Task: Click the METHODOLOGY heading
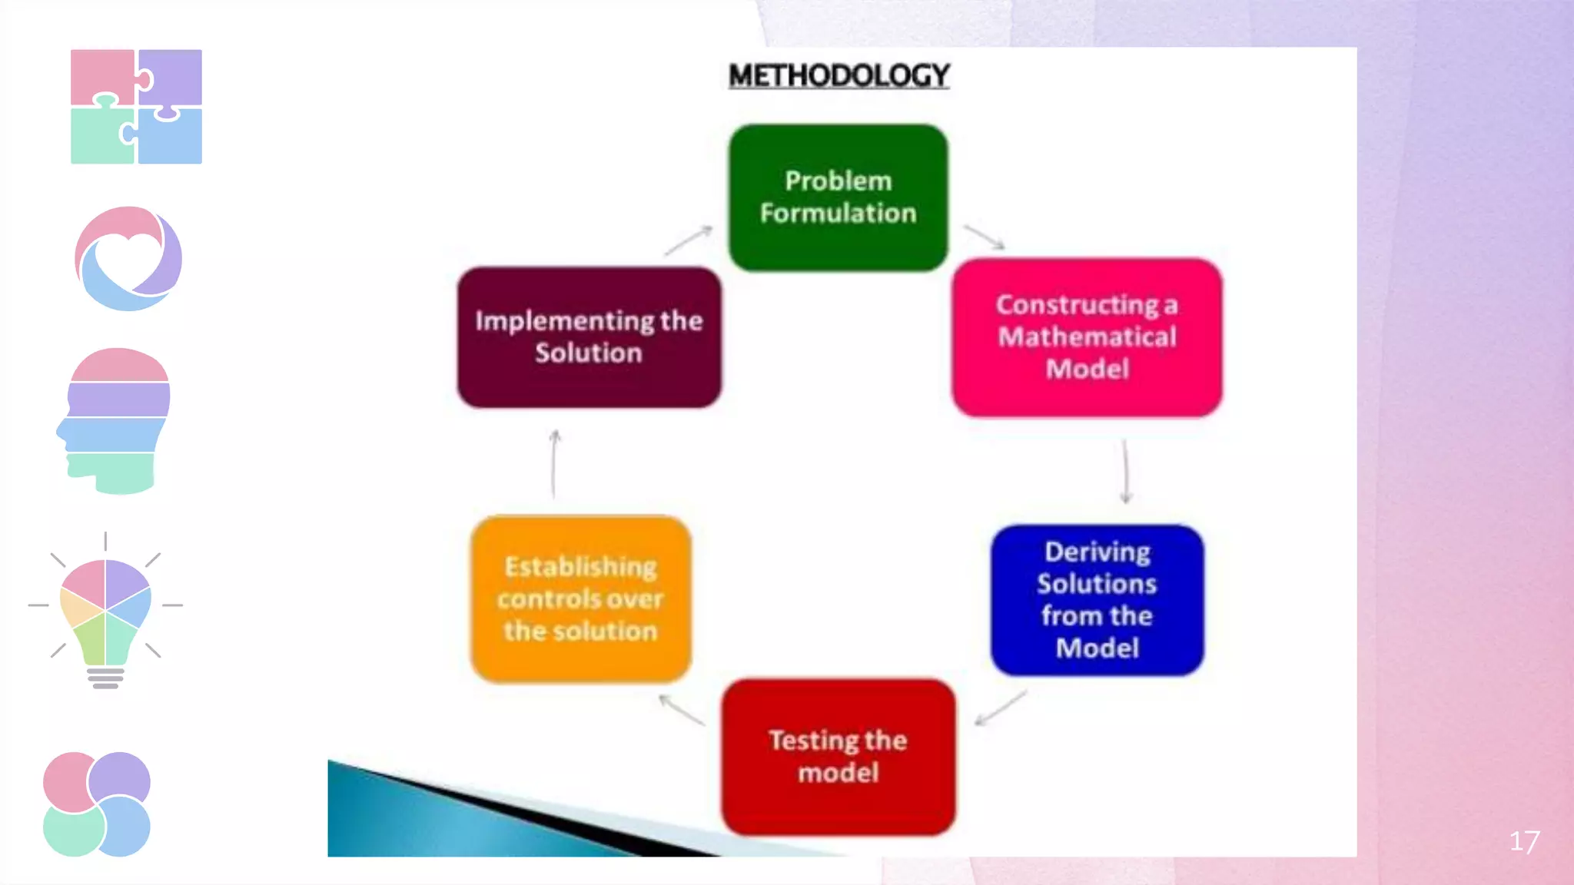[838, 75]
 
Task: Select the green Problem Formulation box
[838, 197]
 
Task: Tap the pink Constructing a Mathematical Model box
[1087, 337]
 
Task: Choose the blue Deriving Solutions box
[1097, 600]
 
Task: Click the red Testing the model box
[838, 757]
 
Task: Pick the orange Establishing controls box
[580, 598]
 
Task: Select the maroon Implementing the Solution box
[589, 336]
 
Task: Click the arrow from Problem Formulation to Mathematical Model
[984, 237]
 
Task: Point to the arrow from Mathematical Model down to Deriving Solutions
[1125, 471]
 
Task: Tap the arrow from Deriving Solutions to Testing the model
[1000, 708]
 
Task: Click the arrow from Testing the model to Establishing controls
[681, 709]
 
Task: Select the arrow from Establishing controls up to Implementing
[554, 464]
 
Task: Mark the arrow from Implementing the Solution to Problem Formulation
[689, 240]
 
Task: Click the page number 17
[1524, 841]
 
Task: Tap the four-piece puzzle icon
[136, 107]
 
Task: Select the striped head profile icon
[115, 420]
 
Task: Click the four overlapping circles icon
[97, 804]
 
